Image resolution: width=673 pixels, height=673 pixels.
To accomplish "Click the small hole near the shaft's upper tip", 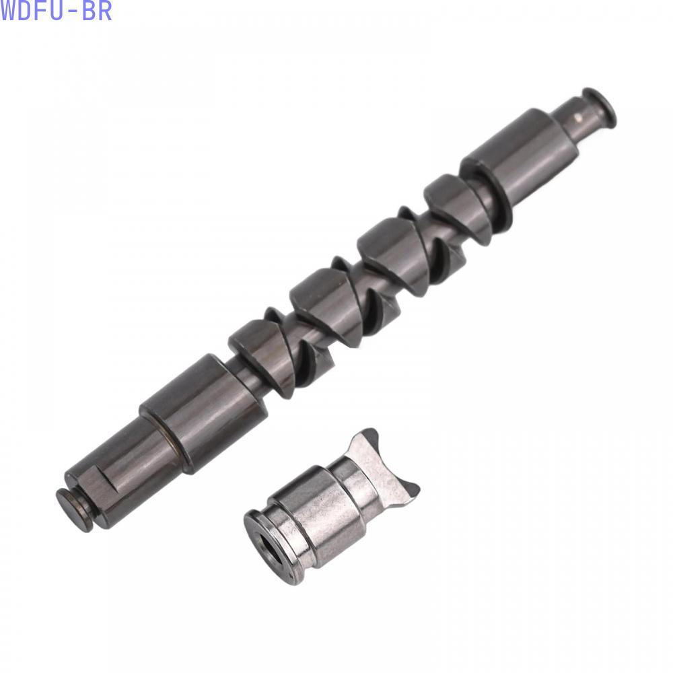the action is pos(579,117).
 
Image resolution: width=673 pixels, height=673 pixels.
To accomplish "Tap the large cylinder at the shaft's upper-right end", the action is pos(521,152).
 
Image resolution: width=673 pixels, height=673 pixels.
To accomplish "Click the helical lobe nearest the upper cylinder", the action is pos(457,205).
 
